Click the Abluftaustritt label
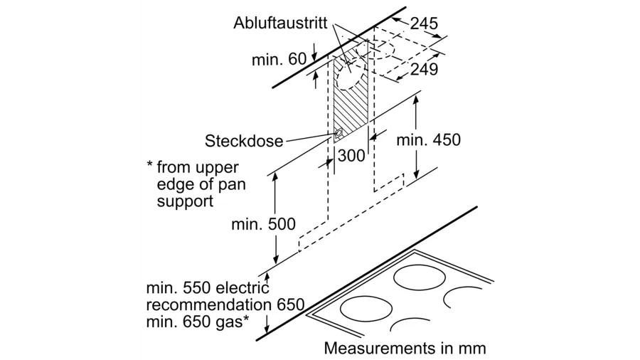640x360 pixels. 280,23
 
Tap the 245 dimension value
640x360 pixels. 424,23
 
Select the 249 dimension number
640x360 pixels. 424,70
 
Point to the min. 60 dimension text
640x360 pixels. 279,60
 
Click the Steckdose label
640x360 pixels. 244,141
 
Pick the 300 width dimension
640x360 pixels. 351,156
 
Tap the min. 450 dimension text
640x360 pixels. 428,140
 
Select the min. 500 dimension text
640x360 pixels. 263,224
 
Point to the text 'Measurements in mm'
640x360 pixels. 405,348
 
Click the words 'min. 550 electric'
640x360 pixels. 208,287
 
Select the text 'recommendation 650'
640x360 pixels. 225,305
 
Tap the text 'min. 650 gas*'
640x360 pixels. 198,322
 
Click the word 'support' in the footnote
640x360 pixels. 185,201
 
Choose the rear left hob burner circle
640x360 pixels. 420,277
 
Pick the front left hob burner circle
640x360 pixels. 366,309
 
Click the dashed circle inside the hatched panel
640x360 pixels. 352,75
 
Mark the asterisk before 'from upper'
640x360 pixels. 150,165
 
